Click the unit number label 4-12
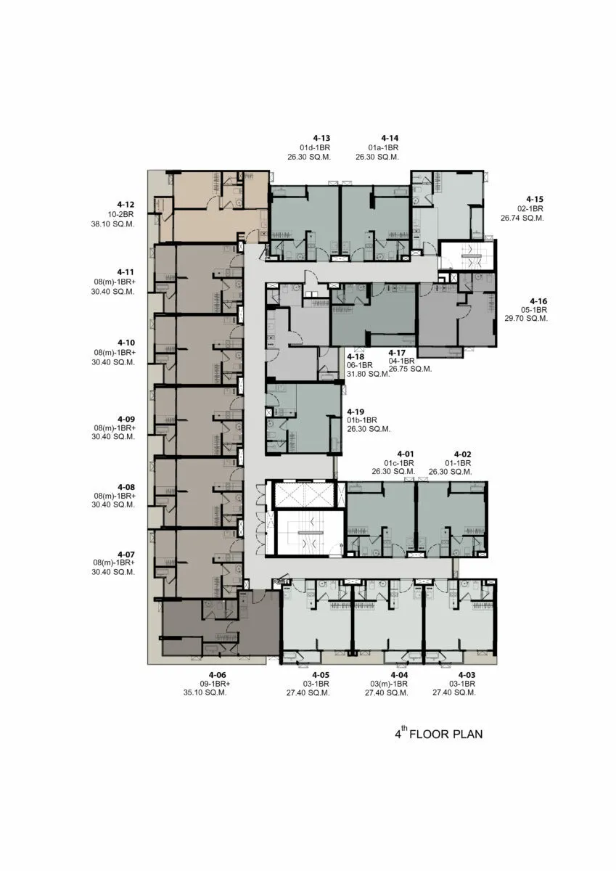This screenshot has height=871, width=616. [x=126, y=205]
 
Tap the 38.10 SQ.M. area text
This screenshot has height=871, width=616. [x=112, y=224]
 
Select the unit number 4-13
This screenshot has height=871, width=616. [x=322, y=138]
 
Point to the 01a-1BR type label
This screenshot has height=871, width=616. [x=383, y=148]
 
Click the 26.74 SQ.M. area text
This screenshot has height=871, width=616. [x=522, y=218]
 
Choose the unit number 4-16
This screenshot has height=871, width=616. [x=538, y=301]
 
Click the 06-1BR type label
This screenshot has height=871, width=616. [x=360, y=365]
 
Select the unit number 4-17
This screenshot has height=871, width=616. [x=397, y=353]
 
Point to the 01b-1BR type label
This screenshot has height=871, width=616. [x=362, y=420]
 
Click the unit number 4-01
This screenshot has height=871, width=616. [x=406, y=454]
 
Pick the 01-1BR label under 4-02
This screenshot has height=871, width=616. [x=458, y=463]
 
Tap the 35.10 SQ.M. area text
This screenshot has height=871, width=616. [x=205, y=692]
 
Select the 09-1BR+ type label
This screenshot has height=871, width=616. [x=215, y=684]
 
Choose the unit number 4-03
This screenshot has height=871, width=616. [x=467, y=675]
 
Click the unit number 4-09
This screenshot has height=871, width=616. [x=126, y=420]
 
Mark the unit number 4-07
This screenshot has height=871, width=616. [x=126, y=555]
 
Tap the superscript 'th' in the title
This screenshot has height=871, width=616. [x=404, y=729]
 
